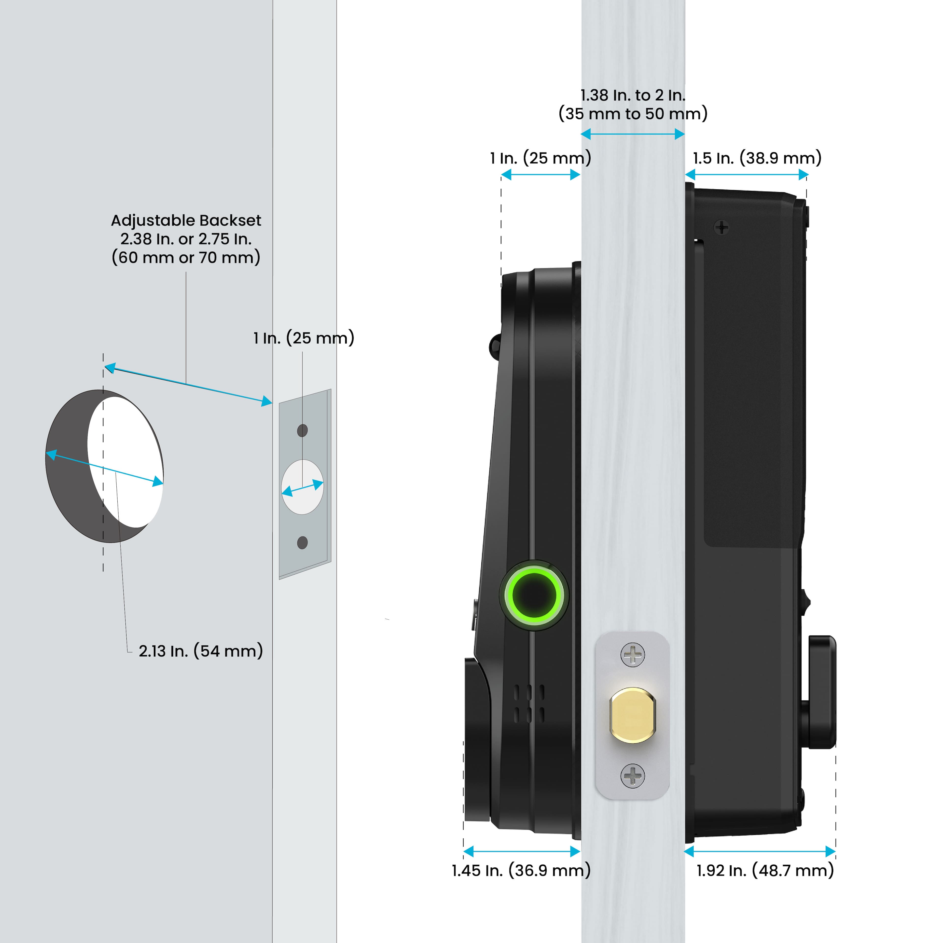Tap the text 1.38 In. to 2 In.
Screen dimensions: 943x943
(x=633, y=95)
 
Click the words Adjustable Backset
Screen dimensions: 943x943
(x=186, y=221)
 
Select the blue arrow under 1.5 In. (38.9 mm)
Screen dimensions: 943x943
(x=747, y=174)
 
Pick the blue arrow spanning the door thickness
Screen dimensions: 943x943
(x=633, y=134)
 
